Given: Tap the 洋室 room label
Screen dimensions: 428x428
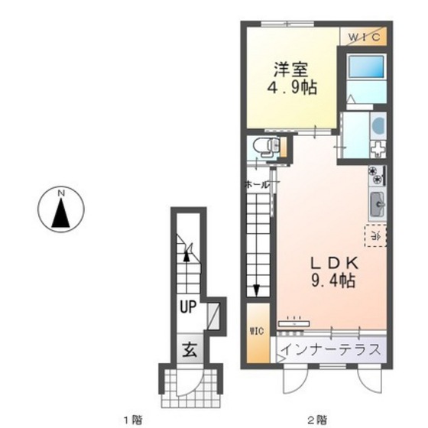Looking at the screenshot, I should (x=287, y=67).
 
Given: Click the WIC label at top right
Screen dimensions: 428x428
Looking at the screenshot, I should (x=365, y=36).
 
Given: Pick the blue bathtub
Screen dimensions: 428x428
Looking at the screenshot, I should (x=363, y=71).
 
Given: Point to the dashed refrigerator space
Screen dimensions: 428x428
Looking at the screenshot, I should (x=374, y=237).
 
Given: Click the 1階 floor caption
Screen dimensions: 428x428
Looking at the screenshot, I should (x=133, y=418).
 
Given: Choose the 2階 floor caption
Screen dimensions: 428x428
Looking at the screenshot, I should (x=316, y=418).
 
